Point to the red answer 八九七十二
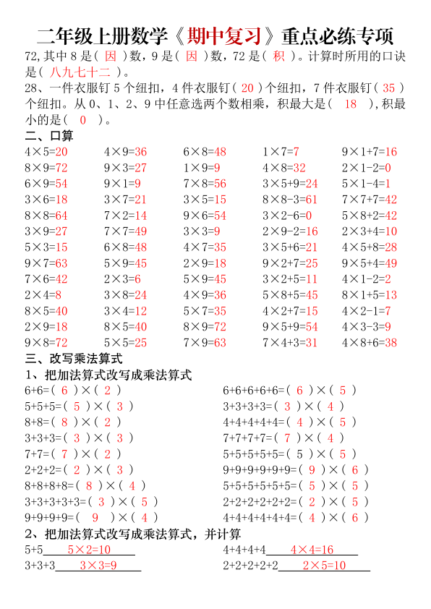pyautogui.click(x=82, y=72)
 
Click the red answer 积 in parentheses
pyautogui.click(x=279, y=56)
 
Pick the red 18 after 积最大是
pyautogui.click(x=351, y=103)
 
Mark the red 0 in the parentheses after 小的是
pyautogui.click(x=83, y=119)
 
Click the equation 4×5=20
pyautogui.click(x=46, y=152)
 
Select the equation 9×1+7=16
pyautogui.click(x=369, y=152)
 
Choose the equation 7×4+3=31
pyautogui.click(x=290, y=343)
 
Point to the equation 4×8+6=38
pyautogui.click(x=369, y=343)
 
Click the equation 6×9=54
pyautogui.click(x=46, y=184)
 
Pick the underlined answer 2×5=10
pyautogui.click(x=324, y=565)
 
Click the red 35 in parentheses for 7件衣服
pyautogui.click(x=388, y=88)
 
